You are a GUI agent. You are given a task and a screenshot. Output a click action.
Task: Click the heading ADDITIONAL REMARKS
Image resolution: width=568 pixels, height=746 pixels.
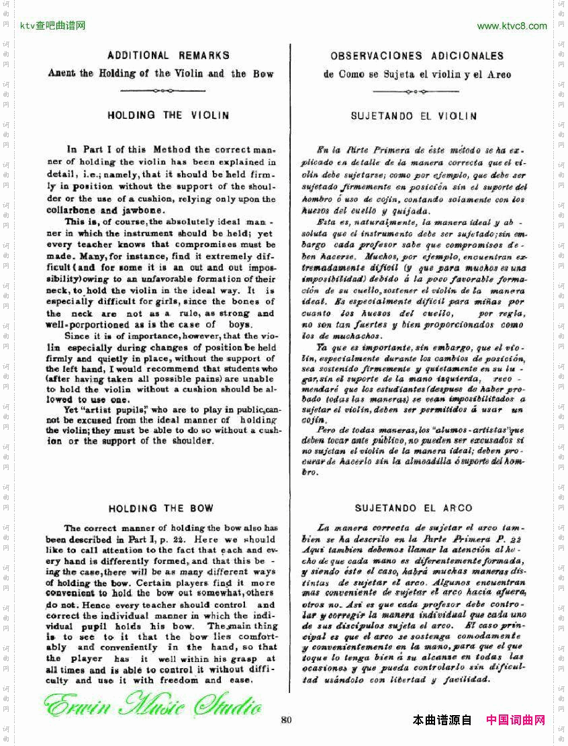click(x=168, y=55)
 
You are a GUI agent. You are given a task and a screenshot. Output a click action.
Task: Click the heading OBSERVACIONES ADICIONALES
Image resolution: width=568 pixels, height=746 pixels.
click(x=417, y=56)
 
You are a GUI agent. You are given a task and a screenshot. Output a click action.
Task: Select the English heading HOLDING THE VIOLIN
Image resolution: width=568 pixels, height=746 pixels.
click(x=168, y=115)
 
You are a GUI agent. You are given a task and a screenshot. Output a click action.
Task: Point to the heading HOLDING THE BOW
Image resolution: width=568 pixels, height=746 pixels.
click(x=160, y=508)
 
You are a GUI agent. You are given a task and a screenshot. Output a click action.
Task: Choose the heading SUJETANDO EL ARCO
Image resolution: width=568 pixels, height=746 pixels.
click(x=414, y=508)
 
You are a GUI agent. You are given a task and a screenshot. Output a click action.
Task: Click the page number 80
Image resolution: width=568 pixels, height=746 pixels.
click(x=287, y=720)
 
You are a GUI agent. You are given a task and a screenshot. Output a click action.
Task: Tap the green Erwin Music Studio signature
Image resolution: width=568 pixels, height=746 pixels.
click(x=153, y=707)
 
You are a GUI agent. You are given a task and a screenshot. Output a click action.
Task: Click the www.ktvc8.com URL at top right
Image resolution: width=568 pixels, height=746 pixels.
click(x=512, y=26)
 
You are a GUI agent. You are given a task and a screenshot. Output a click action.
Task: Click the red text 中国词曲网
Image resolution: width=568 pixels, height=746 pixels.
click(x=516, y=720)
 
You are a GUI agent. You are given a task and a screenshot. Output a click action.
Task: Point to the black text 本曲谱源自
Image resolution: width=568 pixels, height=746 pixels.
click(x=442, y=720)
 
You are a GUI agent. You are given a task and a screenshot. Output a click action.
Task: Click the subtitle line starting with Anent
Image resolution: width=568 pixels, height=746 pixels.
click(x=160, y=73)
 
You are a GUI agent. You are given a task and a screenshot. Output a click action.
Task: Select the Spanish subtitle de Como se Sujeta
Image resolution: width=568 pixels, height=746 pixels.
click(x=417, y=75)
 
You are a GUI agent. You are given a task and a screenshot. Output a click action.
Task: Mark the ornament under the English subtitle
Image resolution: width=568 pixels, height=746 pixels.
click(x=161, y=91)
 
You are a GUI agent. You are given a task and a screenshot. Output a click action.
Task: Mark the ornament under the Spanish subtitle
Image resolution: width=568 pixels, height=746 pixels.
click(x=417, y=91)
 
